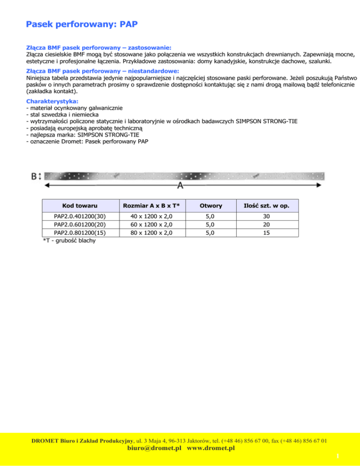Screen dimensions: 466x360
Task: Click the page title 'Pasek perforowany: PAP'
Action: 82,24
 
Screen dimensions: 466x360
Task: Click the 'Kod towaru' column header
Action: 80,206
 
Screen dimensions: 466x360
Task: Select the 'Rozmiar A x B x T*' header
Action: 152,206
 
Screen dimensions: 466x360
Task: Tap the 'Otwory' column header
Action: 211,206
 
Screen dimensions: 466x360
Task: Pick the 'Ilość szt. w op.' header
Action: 266,206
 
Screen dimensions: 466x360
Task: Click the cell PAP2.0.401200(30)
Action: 80,217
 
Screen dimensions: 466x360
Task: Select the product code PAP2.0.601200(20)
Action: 80,225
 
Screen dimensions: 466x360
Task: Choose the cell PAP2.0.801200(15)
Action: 80,233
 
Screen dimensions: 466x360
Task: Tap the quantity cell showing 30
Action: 266,217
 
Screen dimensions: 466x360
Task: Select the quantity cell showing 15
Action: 266,233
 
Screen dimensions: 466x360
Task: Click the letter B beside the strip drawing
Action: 34,177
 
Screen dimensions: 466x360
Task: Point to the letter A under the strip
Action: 180,186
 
